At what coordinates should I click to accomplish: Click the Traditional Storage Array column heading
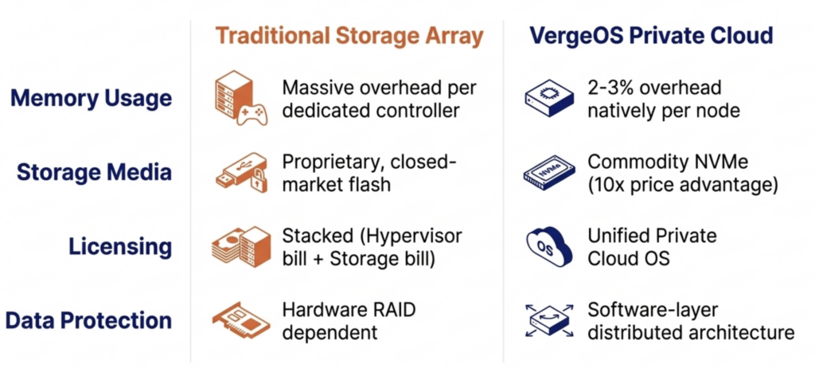pyautogui.click(x=349, y=36)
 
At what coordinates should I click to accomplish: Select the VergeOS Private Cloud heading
pyautogui.click(x=650, y=36)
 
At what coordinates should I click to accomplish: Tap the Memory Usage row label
pyautogui.click(x=91, y=99)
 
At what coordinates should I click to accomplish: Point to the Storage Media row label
pyautogui.click(x=95, y=172)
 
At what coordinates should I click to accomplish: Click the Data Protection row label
pyautogui.click(x=88, y=320)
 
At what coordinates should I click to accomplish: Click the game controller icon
pyautogui.click(x=254, y=112)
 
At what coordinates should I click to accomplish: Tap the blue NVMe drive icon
pyautogui.click(x=548, y=172)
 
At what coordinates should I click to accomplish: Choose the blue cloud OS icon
pyautogui.click(x=548, y=246)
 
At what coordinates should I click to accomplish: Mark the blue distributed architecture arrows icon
pyautogui.click(x=548, y=320)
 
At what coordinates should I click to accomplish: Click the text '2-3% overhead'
pyautogui.click(x=653, y=88)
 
